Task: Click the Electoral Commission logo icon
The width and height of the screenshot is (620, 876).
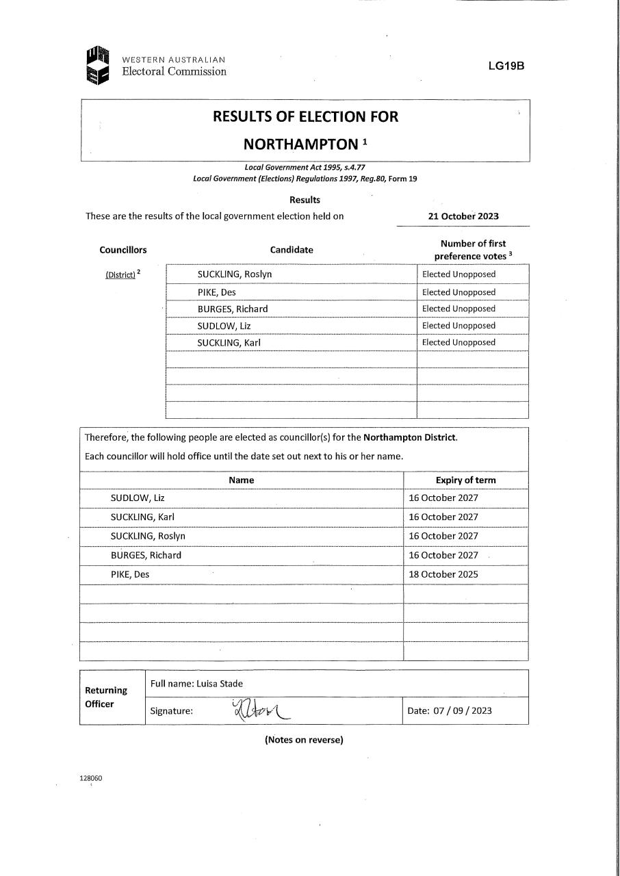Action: pos(98,65)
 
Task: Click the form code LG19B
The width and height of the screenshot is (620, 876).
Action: pos(506,66)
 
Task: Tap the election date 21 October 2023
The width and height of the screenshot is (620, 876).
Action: pos(463,216)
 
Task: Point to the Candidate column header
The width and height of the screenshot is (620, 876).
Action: pos(292,250)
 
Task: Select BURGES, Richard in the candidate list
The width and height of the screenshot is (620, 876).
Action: pos(233,309)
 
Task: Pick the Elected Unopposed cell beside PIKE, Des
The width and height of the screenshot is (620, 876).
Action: pos(458,292)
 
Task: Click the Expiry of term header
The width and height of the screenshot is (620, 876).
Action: pos(465,480)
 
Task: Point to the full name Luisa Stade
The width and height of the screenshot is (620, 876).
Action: pos(220,684)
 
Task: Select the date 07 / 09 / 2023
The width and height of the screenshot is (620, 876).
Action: pos(463,710)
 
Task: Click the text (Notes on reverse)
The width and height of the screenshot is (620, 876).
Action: pos(304,740)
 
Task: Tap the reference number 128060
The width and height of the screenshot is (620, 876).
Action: pos(91,778)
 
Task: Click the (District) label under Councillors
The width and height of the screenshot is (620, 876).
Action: pos(120,275)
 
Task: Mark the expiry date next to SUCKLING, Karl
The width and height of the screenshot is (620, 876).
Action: pos(443,517)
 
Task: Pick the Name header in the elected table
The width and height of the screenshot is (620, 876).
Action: pos(242,480)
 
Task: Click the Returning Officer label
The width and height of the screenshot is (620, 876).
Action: pos(106,697)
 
